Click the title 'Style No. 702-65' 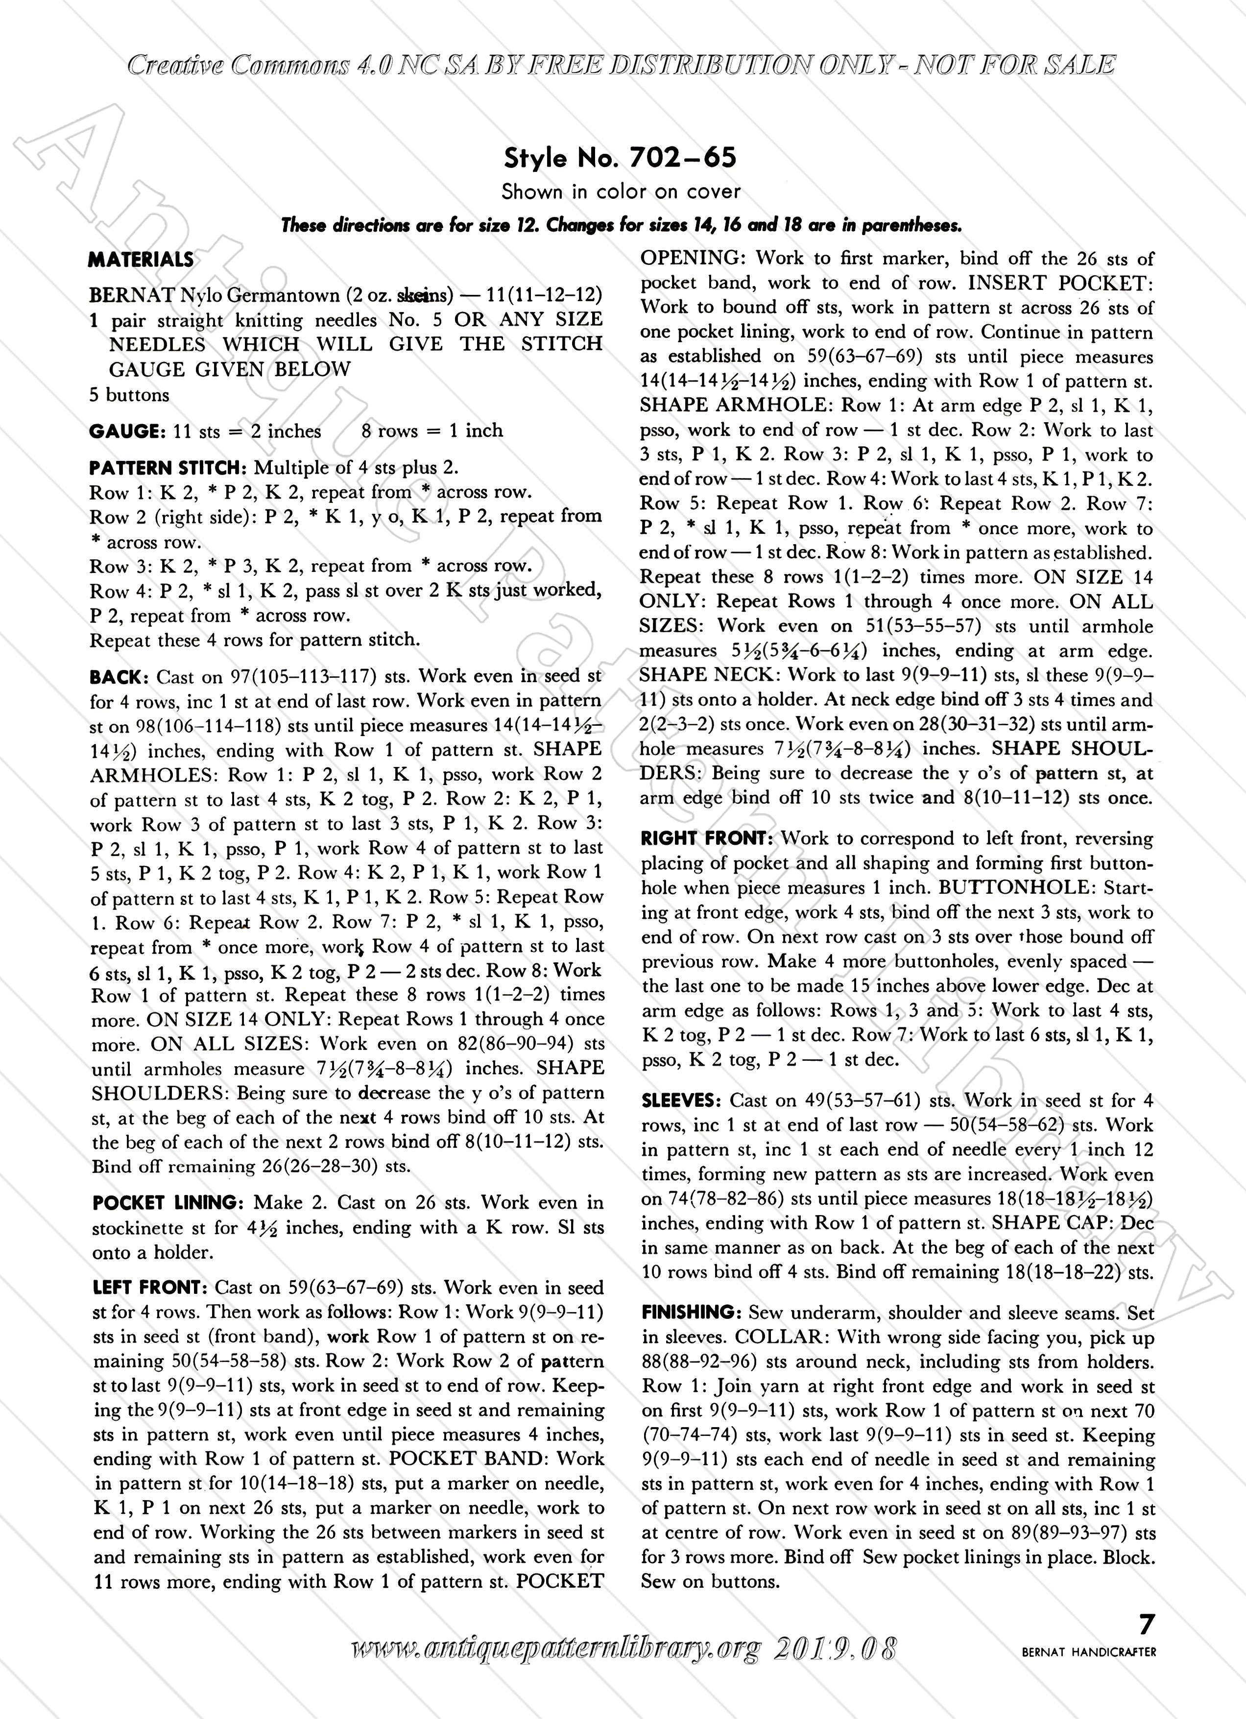[620, 158]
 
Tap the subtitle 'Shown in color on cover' [621, 192]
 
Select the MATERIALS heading [141, 260]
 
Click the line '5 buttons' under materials [129, 395]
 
